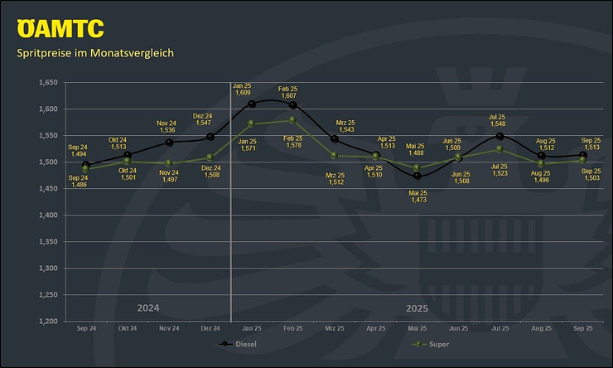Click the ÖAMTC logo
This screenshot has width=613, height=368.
click(x=60, y=28)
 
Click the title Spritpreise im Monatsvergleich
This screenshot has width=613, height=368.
click(x=95, y=54)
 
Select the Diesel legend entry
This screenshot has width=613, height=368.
click(x=242, y=343)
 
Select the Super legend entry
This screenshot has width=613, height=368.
click(x=431, y=343)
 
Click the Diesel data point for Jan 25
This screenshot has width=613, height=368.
click(x=252, y=104)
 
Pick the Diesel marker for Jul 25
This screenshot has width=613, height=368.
click(x=500, y=136)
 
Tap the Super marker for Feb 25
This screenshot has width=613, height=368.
click(x=293, y=120)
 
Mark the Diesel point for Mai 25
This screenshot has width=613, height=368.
click(x=417, y=176)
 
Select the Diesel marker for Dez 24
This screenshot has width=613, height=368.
click(x=210, y=137)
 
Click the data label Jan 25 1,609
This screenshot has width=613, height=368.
click(x=242, y=89)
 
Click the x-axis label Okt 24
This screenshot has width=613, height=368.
click(x=128, y=329)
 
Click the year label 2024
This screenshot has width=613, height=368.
click(x=147, y=308)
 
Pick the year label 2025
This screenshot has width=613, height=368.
click(x=417, y=308)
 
